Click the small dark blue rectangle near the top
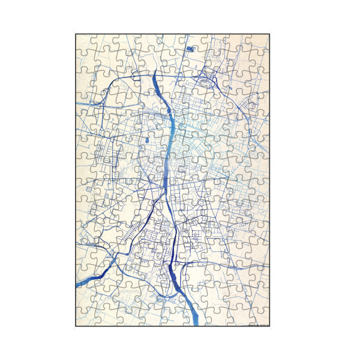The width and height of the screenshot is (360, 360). [190, 48]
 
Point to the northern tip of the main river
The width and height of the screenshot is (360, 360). [156, 72]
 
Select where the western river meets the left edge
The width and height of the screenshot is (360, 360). [77, 284]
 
